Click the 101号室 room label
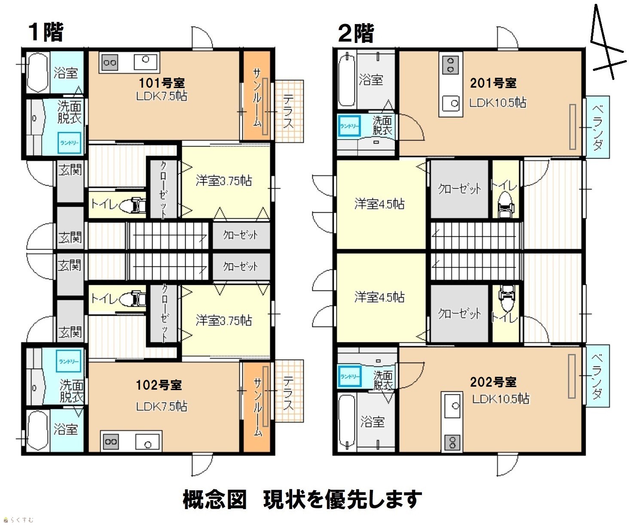[162, 82]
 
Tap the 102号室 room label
[159, 385]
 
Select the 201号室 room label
[493, 83]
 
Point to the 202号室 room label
[493, 382]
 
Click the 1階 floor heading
[46, 32]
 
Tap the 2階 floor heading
[356, 34]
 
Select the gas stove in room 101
[110, 63]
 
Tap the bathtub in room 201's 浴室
[347, 79]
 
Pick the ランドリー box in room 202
[350, 376]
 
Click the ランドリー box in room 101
[69, 143]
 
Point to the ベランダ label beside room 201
[597, 128]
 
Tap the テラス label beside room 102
[288, 393]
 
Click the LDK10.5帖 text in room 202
[501, 399]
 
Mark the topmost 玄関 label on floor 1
[70, 170]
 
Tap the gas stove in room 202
[452, 442]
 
